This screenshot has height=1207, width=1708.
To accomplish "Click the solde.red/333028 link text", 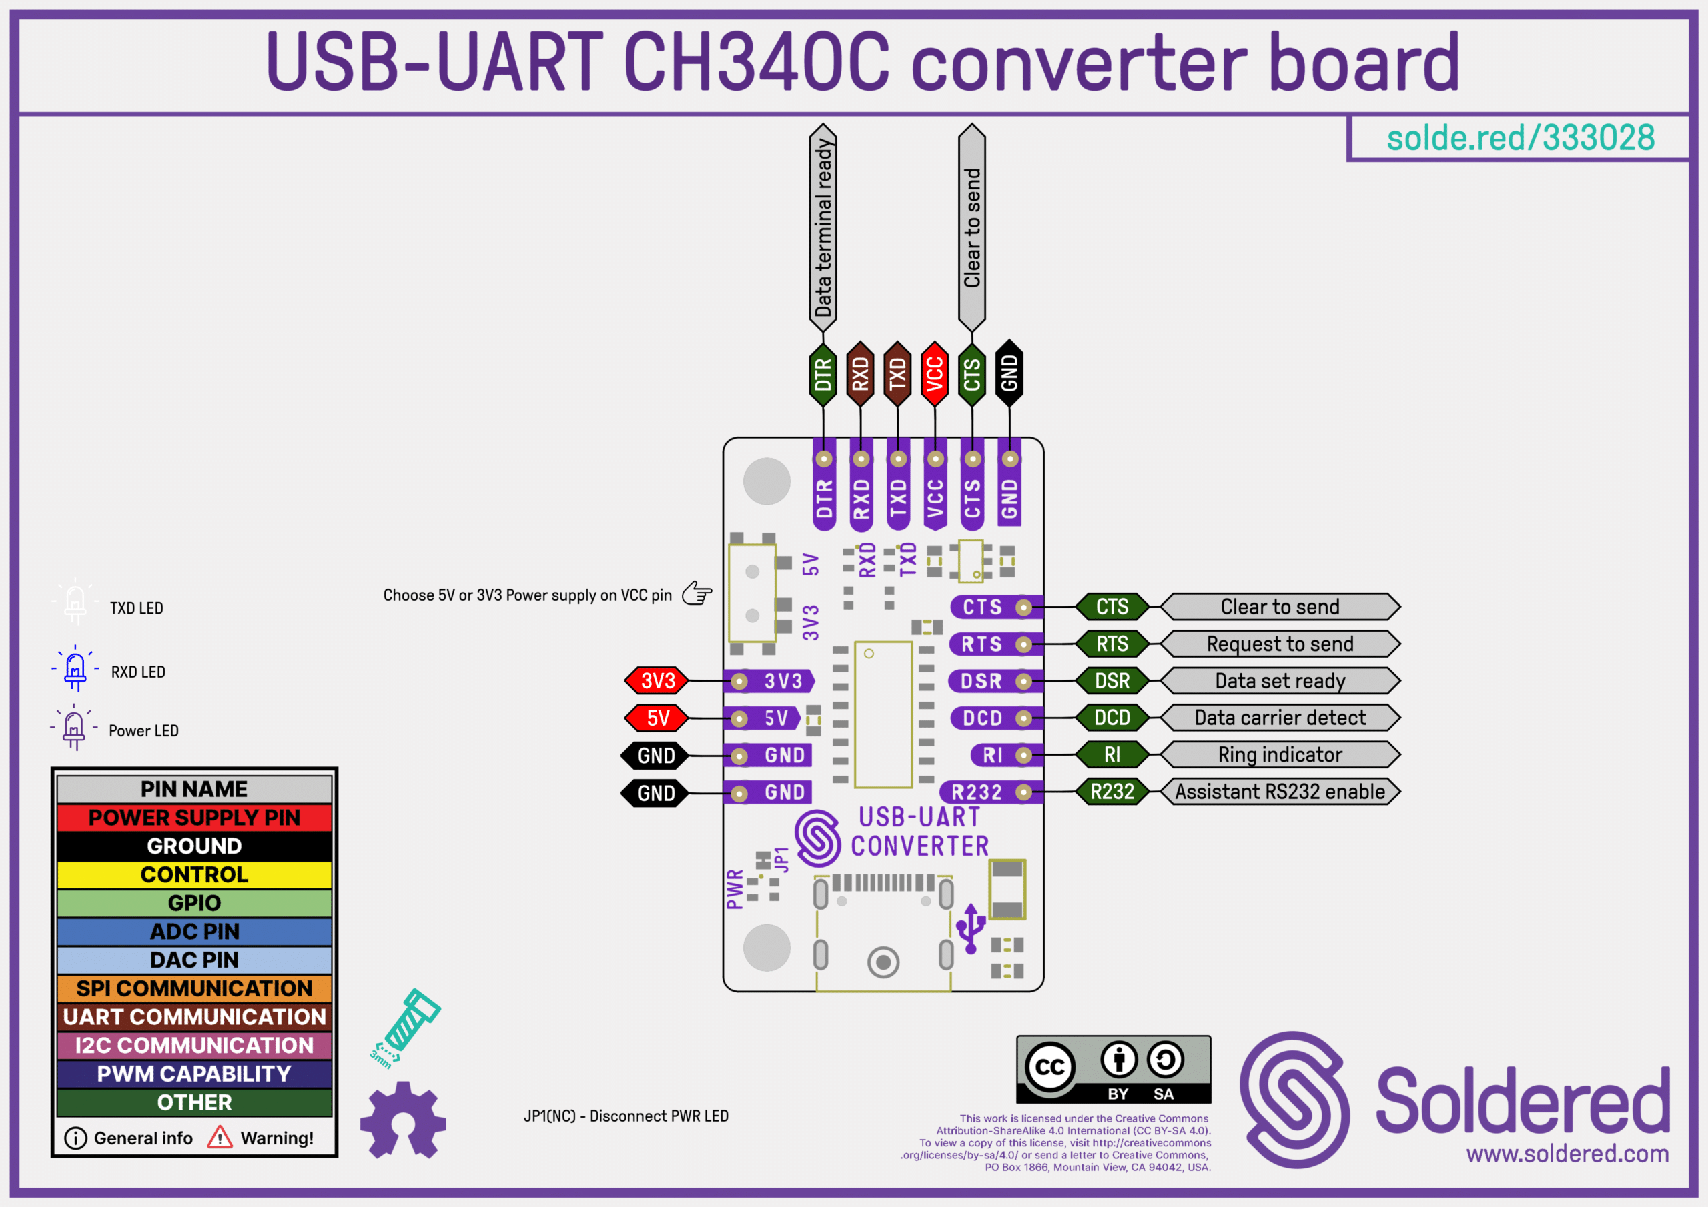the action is (x=1521, y=137).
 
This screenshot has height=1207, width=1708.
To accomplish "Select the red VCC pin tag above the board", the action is (x=934, y=373).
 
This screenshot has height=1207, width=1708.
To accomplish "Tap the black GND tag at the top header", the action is (x=1009, y=373).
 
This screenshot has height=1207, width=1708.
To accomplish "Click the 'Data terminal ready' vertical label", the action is (x=823, y=227).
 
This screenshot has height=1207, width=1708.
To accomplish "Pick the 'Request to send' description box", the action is (x=1280, y=644).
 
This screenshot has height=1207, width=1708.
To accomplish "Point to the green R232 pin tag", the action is (x=1112, y=792).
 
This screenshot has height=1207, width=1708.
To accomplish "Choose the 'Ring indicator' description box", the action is (x=1280, y=754).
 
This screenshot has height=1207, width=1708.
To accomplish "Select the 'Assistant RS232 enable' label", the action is (x=1280, y=792).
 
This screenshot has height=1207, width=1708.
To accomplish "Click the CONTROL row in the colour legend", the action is (x=194, y=874).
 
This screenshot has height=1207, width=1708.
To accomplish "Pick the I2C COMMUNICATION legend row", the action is (x=194, y=1046).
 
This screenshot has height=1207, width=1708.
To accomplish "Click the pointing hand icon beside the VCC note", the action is (x=697, y=593).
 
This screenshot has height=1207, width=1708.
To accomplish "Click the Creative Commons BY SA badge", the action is (x=1114, y=1070).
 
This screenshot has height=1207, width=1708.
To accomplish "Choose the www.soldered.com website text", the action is (x=1567, y=1154).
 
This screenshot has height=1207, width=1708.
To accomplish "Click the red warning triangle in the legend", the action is (x=220, y=1137).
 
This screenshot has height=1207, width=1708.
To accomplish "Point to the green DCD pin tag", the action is (x=1112, y=718).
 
